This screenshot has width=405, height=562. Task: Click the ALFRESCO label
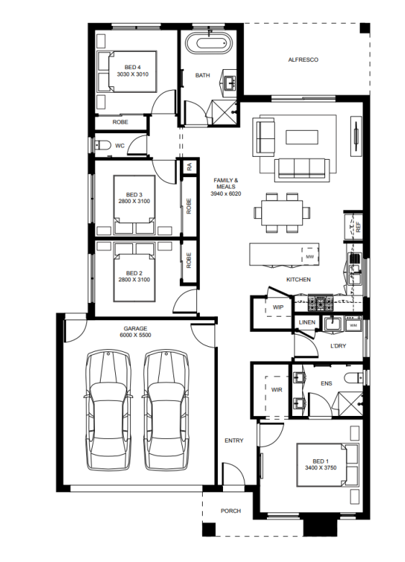303,60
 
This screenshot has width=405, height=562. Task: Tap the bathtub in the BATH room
208,43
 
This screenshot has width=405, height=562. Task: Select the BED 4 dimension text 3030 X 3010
132,75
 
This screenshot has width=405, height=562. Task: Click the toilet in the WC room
103,145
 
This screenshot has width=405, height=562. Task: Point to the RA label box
189,166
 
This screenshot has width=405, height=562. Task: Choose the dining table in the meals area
282,212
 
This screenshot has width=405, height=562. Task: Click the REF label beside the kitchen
358,227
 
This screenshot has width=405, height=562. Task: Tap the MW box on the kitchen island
309,256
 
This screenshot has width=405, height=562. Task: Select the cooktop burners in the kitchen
321,304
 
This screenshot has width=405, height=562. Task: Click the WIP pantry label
278,307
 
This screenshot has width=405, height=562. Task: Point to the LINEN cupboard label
307,322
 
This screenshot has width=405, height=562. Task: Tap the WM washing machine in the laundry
353,325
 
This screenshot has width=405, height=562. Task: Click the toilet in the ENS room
353,378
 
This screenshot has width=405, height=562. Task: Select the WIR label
277,389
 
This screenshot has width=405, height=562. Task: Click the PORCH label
231,511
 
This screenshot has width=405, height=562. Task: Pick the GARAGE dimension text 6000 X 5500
135,335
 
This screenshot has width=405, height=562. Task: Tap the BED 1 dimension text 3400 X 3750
321,468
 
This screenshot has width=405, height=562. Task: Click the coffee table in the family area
302,137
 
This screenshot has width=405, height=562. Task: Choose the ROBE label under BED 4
120,122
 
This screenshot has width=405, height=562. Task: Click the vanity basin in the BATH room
229,83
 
